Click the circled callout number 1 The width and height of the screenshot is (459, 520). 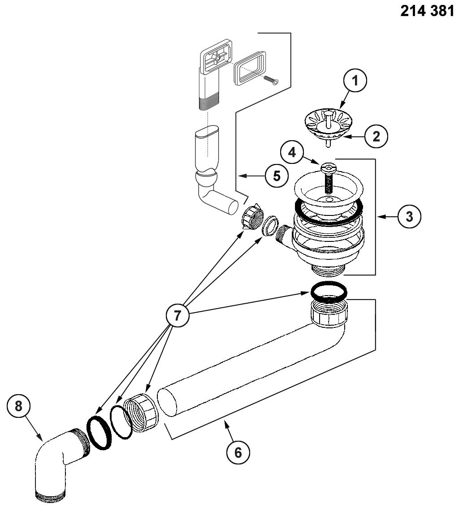355,81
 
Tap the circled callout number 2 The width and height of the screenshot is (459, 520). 376,136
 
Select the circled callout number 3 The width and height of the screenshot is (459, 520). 409,217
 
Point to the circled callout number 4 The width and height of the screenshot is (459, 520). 292,153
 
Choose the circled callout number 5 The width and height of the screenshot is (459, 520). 277,176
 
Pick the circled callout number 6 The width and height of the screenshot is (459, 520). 238,452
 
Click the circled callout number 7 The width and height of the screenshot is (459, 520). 178,315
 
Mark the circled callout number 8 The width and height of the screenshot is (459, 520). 18,406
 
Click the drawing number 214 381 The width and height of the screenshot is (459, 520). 427,11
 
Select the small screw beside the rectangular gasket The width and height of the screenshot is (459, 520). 271,80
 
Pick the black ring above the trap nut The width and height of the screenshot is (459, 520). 329,292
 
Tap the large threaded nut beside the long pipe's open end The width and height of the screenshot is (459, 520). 142,413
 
